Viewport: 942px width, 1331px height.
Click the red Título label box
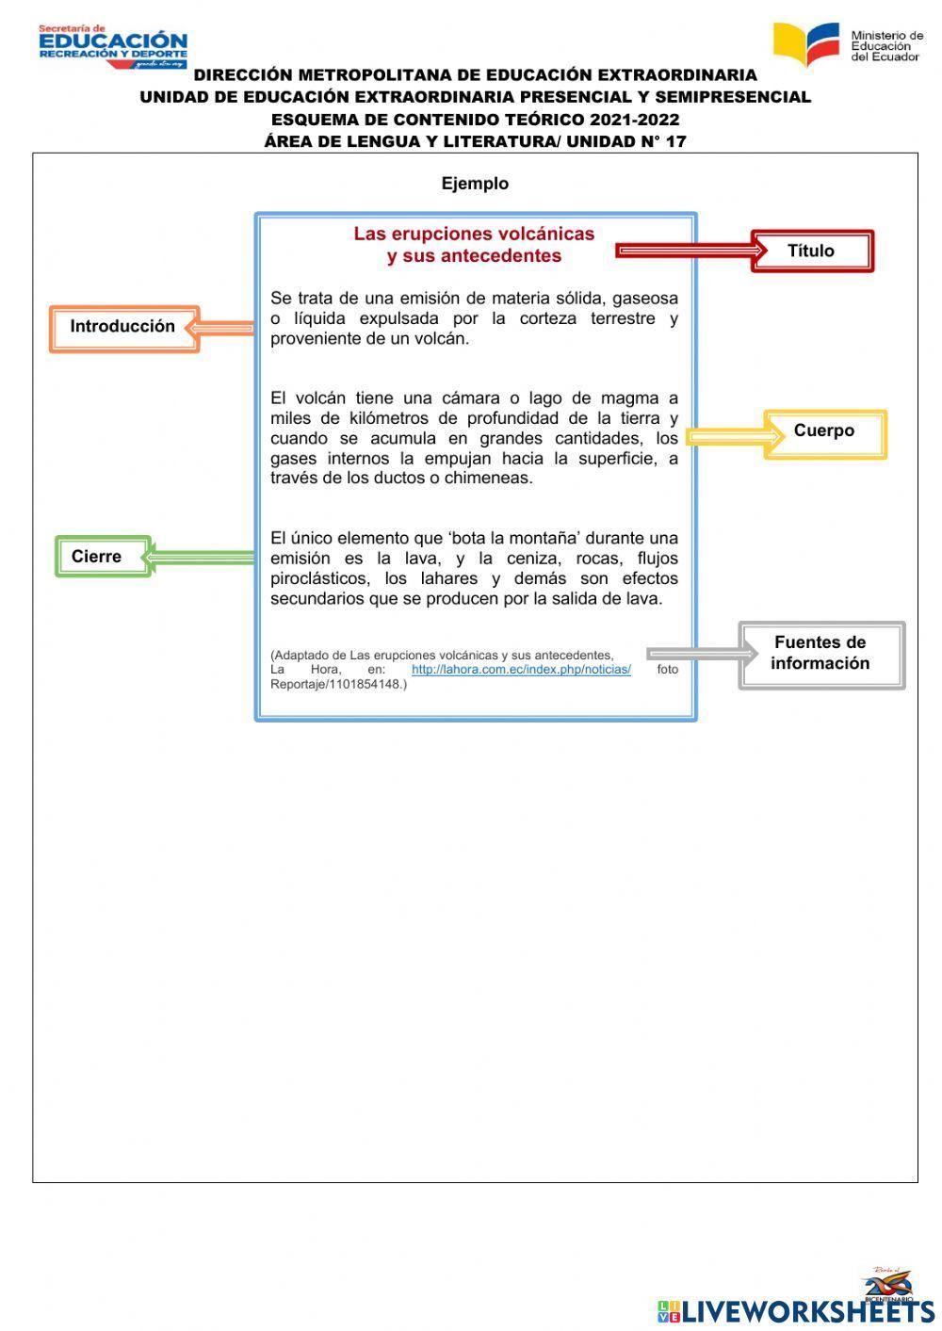click(x=812, y=251)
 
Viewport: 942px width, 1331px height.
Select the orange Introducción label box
click(x=123, y=328)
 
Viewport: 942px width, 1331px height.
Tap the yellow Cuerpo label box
click(x=824, y=433)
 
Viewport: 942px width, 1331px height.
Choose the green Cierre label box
click(x=102, y=557)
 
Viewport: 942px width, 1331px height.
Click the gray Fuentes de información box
click(x=820, y=654)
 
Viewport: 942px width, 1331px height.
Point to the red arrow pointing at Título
click(x=690, y=250)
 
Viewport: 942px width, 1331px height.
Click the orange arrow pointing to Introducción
click(x=219, y=328)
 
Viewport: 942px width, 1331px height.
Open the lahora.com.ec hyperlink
click(x=521, y=670)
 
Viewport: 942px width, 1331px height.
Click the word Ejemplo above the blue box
click(x=475, y=184)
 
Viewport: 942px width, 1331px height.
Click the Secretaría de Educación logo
click(x=113, y=47)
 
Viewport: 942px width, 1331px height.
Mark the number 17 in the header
click(x=675, y=142)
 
